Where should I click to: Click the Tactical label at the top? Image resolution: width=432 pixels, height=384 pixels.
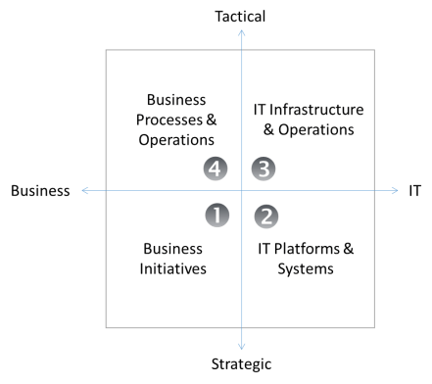[241, 16]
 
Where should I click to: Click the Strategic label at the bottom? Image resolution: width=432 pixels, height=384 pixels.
[241, 364]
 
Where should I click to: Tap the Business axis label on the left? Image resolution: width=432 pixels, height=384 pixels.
[40, 191]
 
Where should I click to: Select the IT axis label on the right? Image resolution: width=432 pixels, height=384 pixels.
[415, 191]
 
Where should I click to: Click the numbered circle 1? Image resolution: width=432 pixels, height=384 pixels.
[216, 214]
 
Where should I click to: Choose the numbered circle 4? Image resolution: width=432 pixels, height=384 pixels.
[216, 168]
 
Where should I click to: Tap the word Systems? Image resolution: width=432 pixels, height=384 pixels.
[306, 268]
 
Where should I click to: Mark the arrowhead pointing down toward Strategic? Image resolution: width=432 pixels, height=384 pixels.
[242, 345]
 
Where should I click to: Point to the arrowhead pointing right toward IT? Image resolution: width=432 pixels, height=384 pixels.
[397, 191]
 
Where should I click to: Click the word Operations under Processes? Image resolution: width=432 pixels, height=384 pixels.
[176, 139]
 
